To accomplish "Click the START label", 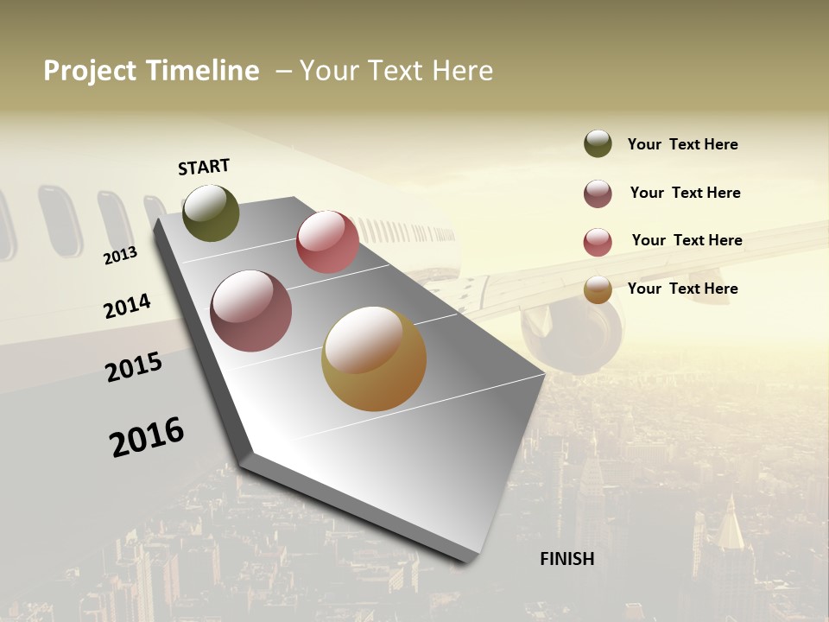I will (204, 167).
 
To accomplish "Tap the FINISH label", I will (566, 559).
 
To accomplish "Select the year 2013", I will (120, 255).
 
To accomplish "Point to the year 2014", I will (127, 307).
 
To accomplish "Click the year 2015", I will (134, 367).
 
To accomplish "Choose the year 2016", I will (147, 437).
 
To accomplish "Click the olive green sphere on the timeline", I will (211, 213).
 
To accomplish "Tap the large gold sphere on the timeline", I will (374, 359).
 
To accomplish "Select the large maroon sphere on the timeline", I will (251, 311).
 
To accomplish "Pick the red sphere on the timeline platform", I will (327, 242).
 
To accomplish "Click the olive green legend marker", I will (598, 143).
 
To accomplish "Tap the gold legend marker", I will (598, 289).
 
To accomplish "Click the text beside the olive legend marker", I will (682, 144).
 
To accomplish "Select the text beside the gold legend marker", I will (682, 289).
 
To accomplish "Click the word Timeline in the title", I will (201, 71).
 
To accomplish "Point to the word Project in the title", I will (90, 71).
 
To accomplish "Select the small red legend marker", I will (598, 242).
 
